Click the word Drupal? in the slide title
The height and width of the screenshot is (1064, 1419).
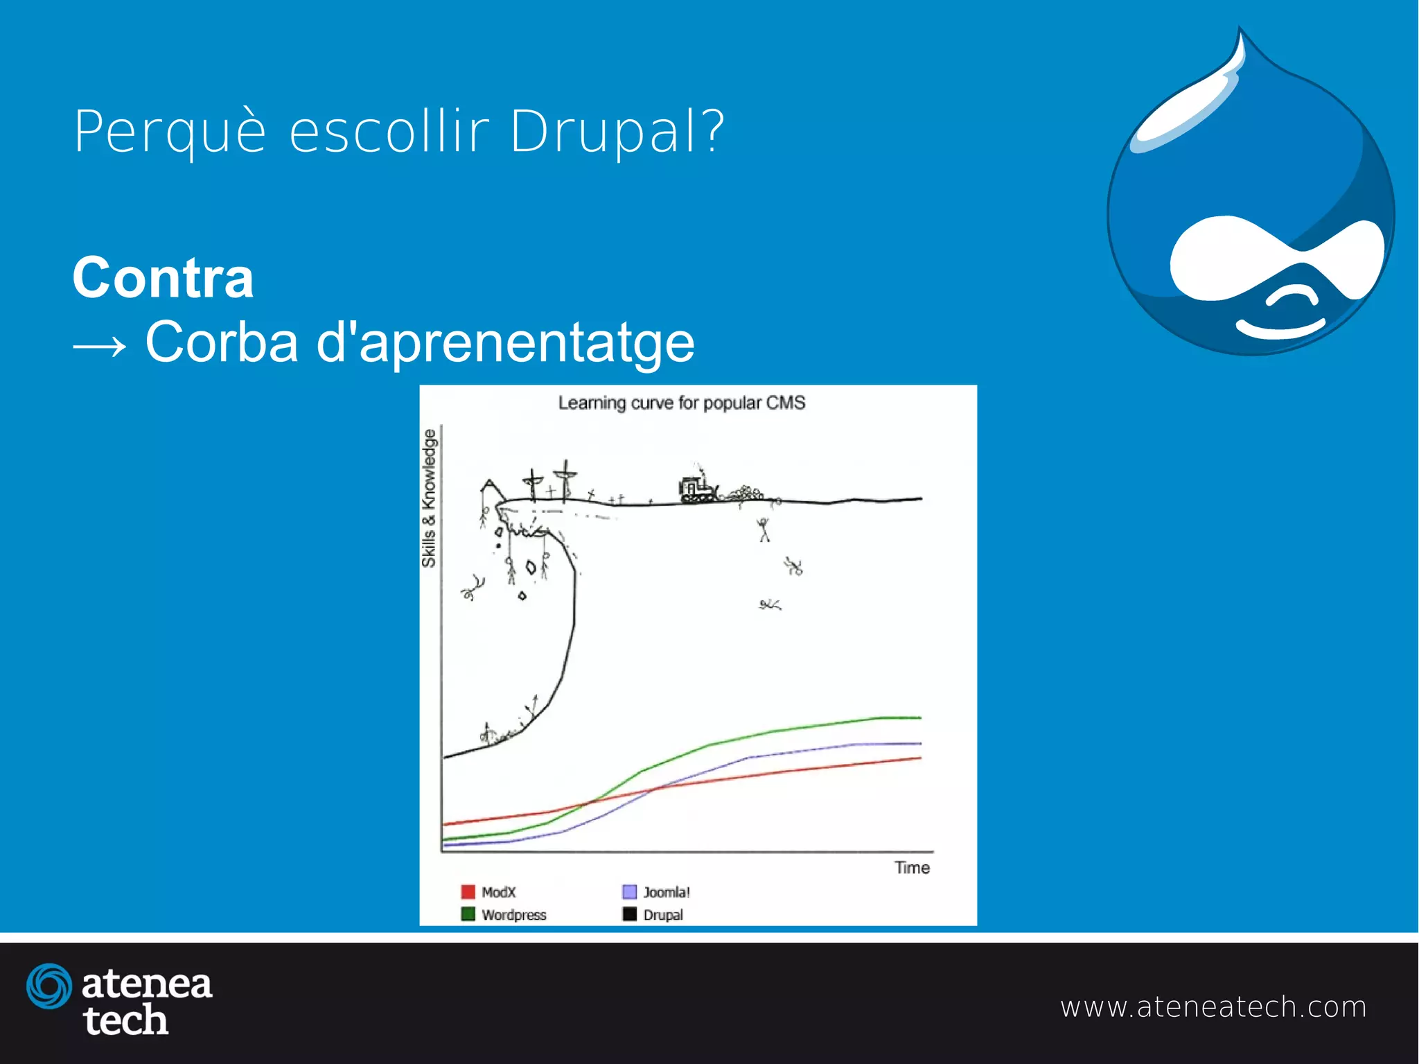pos(617,132)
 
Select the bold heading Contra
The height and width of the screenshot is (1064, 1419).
pos(163,278)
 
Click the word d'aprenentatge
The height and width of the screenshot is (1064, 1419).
pos(505,343)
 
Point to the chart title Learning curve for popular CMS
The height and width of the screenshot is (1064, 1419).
pos(682,403)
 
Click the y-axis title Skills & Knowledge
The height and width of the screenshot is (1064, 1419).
pos(429,498)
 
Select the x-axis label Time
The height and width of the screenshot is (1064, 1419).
pos(912,868)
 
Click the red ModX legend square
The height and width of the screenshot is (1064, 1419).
pos(468,891)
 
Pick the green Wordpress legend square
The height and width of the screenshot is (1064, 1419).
pos(468,914)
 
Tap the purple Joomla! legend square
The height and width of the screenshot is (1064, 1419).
pos(629,891)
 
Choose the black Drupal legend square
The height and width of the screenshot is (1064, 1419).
pos(629,914)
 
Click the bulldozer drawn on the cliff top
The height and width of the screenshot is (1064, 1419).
pos(697,489)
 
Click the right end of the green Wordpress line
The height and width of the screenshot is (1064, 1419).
pos(919,718)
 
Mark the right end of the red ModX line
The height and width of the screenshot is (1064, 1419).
pos(919,758)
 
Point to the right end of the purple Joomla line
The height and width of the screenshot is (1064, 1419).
pos(919,744)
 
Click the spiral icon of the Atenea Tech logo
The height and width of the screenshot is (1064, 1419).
pos(49,986)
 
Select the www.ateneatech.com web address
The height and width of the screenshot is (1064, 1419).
pos(1213,1006)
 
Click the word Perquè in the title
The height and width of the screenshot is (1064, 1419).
pos(170,132)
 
